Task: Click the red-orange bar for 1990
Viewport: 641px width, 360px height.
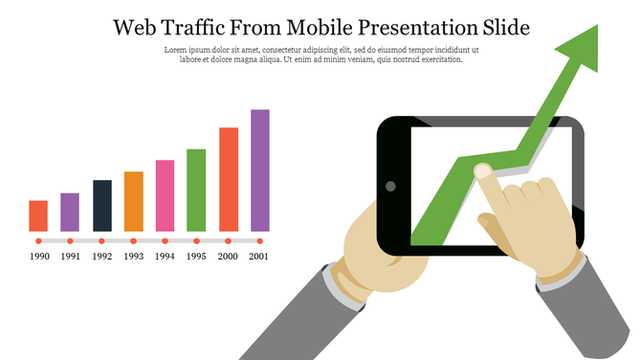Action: (x=38, y=215)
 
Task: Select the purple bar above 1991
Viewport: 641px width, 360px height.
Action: (x=70, y=212)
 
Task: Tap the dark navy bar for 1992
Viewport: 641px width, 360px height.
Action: (x=102, y=205)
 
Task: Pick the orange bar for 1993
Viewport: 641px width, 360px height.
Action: (x=134, y=201)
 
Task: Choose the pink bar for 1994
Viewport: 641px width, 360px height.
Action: (x=165, y=195)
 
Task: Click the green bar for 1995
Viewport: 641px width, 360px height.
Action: (x=196, y=190)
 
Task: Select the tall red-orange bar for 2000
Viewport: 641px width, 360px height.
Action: (x=229, y=179)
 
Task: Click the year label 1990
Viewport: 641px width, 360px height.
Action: (x=39, y=257)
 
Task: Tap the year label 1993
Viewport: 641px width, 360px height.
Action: (x=134, y=257)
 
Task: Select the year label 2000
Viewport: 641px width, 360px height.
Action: (x=228, y=257)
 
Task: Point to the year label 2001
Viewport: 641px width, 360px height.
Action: (x=259, y=257)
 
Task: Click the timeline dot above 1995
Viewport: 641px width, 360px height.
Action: (x=196, y=241)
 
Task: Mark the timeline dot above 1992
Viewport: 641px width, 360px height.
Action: (x=102, y=241)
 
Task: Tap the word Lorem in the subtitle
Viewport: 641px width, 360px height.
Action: (x=176, y=49)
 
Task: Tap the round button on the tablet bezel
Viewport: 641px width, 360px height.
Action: (x=390, y=186)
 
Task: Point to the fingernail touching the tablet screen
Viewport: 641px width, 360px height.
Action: (x=483, y=170)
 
